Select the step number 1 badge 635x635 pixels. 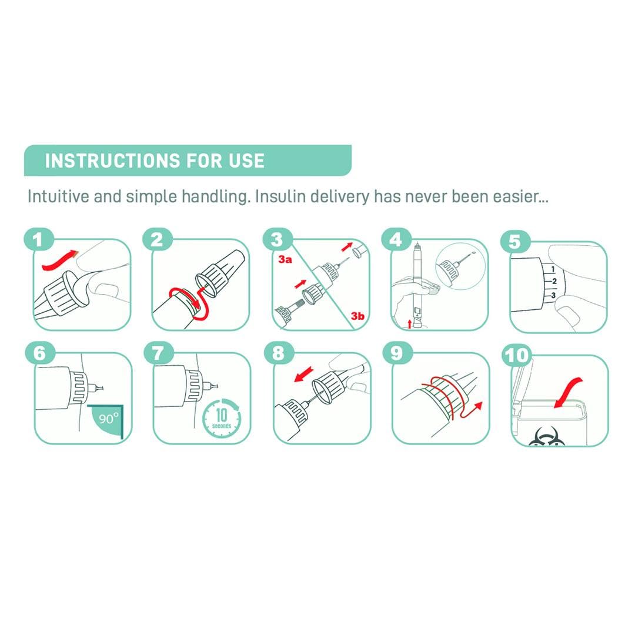coord(38,240)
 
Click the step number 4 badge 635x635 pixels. coord(396,240)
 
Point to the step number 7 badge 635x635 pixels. coord(158,353)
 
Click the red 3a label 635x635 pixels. coord(285,259)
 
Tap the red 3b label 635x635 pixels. coord(357,316)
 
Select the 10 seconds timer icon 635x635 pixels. coord(222,419)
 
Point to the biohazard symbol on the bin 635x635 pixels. coord(545,438)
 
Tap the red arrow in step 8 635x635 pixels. coord(304,374)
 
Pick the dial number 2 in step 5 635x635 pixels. coord(554,281)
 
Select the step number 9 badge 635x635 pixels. coord(397,353)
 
